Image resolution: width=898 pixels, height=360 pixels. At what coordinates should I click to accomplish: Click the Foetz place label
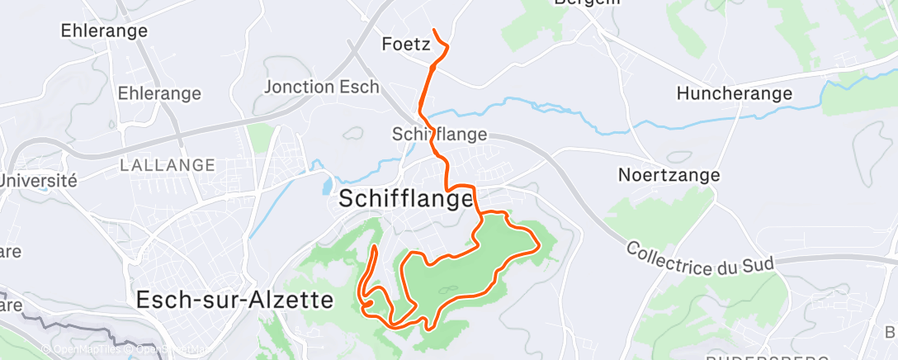click(x=406, y=44)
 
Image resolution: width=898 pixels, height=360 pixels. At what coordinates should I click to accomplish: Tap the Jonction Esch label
click(x=322, y=87)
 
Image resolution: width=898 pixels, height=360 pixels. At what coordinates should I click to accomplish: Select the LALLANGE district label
click(x=168, y=165)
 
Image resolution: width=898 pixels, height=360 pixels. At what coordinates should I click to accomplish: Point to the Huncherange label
click(x=734, y=93)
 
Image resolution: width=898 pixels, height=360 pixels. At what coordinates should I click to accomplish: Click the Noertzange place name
click(x=669, y=175)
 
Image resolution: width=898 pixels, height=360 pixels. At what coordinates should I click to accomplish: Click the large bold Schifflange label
click(x=406, y=199)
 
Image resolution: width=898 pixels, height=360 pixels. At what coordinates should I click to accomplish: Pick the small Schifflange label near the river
click(x=439, y=134)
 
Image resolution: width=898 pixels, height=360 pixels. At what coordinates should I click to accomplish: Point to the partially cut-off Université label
click(x=38, y=180)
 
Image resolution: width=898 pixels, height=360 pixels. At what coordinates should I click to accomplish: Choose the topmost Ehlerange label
click(x=104, y=31)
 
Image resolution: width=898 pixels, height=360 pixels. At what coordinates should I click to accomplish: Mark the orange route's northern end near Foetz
click(x=434, y=31)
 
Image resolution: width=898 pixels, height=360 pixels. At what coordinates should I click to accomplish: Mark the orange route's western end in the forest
click(x=376, y=247)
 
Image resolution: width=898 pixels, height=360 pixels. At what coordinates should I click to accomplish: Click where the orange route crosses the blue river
click(x=422, y=111)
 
